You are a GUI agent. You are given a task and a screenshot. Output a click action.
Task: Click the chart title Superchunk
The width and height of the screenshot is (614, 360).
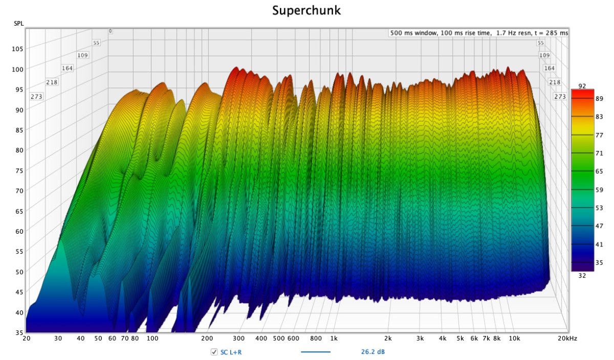coord(306,10)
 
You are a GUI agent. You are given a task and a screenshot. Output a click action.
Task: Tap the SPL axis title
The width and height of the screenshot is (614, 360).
coord(18,24)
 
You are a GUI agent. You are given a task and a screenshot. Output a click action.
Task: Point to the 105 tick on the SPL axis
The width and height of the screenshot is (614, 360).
coord(18,49)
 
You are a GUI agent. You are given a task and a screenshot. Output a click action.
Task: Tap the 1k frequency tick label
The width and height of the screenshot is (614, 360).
coord(334,339)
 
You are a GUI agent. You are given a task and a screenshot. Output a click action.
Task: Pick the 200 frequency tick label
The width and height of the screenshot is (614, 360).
coord(207,339)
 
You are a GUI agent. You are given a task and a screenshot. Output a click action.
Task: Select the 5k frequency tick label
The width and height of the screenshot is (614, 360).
coord(460,339)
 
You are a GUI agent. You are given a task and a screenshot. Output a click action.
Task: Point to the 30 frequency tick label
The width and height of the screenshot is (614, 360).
coord(58,339)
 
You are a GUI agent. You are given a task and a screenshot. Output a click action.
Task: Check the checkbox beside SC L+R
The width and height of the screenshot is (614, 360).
coord(214,352)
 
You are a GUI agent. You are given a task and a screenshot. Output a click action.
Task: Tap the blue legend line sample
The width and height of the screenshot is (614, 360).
coord(315,352)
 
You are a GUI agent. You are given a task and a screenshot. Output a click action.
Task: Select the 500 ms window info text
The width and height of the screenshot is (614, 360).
coord(478,33)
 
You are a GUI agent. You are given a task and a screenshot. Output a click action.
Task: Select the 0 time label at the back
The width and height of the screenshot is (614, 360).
coord(110,32)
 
